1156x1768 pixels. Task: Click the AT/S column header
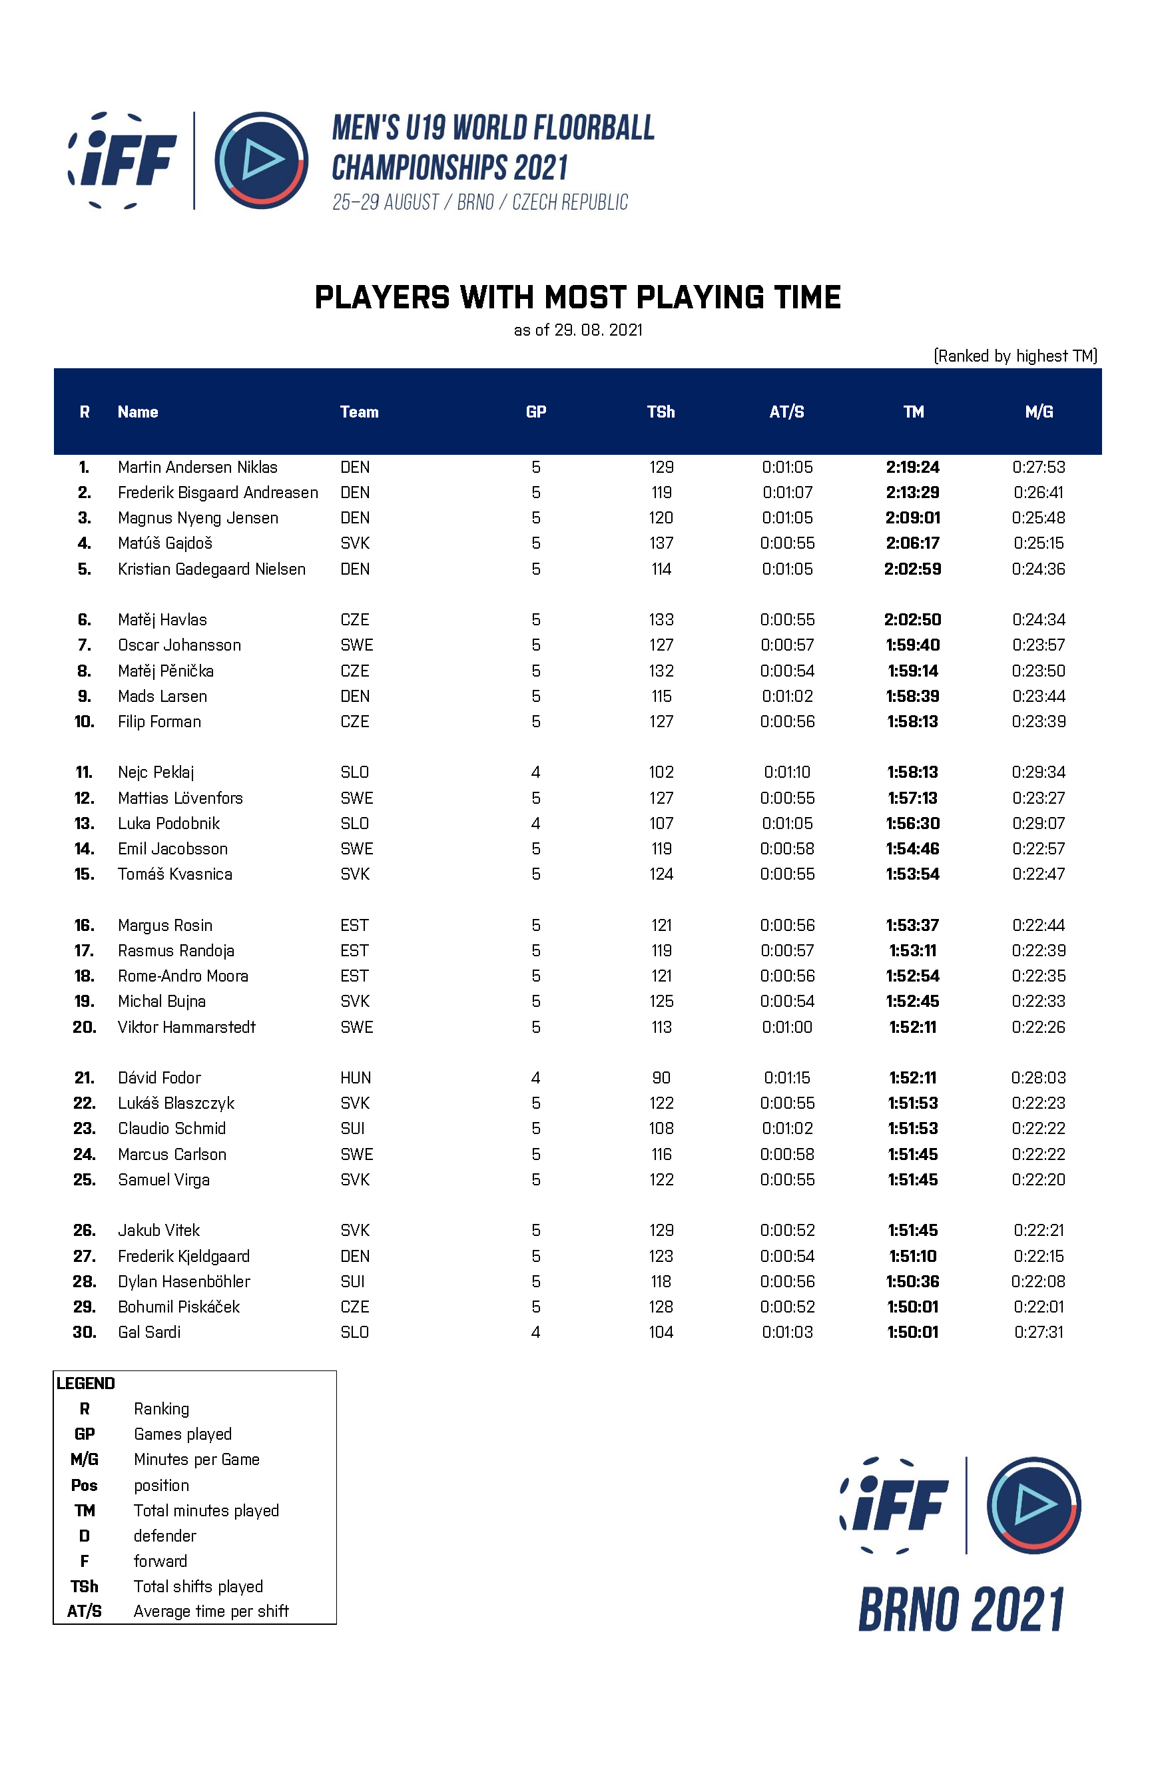click(787, 412)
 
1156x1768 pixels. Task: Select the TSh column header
click(661, 412)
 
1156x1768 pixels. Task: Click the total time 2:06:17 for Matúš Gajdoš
click(912, 543)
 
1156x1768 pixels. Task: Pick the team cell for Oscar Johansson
click(357, 645)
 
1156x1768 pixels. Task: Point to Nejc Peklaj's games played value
click(535, 772)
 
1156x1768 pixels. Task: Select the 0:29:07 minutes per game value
click(1038, 823)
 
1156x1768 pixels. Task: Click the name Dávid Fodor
click(159, 1078)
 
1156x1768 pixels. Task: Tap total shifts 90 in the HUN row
click(661, 1078)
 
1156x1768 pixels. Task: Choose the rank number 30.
click(85, 1332)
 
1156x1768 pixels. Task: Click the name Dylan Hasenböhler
click(184, 1281)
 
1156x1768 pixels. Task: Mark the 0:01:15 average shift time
click(787, 1078)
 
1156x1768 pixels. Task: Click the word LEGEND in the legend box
click(85, 1383)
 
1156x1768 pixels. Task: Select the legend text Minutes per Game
click(196, 1459)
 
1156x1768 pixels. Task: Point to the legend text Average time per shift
click(211, 1611)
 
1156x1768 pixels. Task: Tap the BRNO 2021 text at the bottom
click(962, 1609)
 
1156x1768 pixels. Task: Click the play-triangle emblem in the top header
click(262, 160)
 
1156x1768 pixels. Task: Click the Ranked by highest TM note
click(1015, 356)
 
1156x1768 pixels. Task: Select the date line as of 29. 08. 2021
click(578, 330)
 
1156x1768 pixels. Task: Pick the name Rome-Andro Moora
click(182, 976)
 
